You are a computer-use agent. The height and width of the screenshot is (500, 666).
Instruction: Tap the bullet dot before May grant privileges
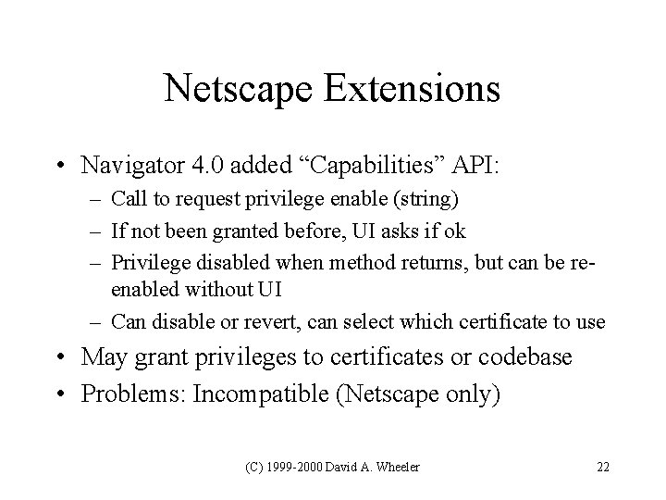coord(69,356)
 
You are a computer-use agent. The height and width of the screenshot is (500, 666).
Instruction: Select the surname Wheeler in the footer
coord(397,466)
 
